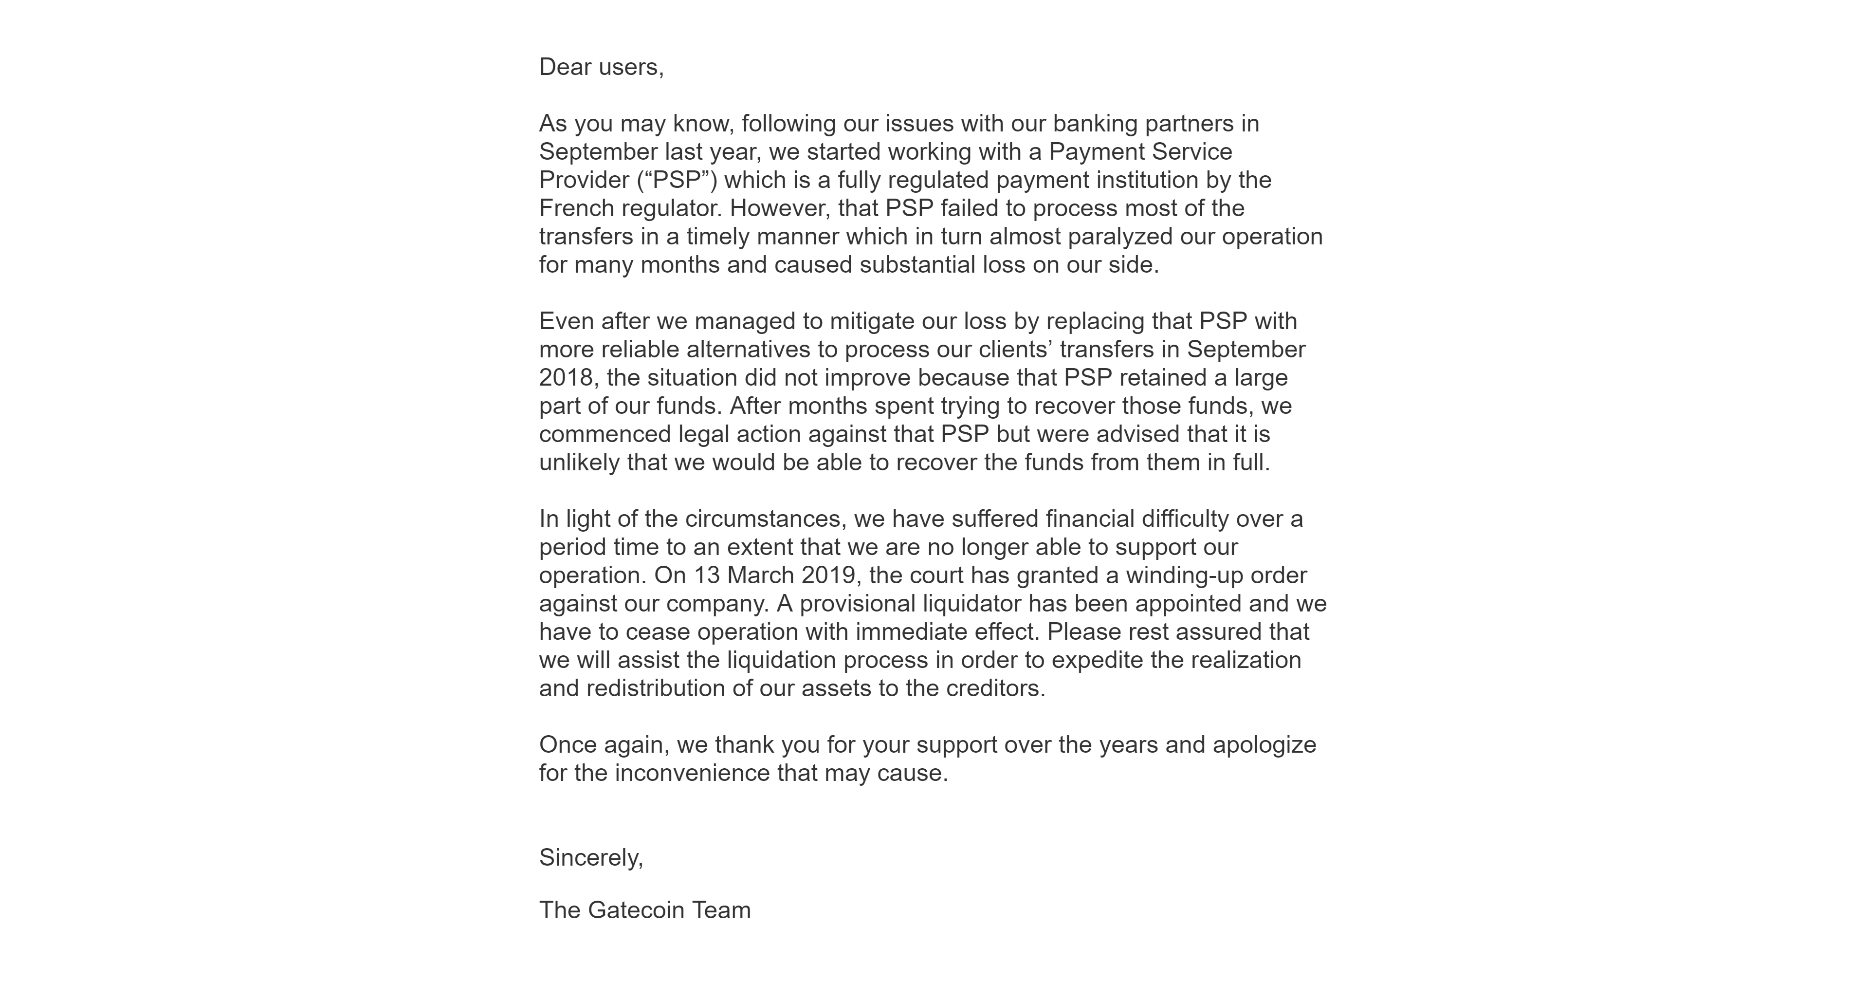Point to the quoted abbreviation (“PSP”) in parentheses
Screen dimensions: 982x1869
[x=677, y=180]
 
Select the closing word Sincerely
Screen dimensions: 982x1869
[x=590, y=858]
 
